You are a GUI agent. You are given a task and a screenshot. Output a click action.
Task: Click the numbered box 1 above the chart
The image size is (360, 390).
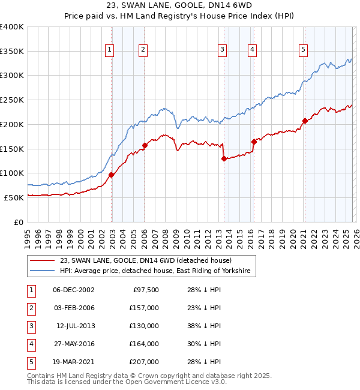pos(110,50)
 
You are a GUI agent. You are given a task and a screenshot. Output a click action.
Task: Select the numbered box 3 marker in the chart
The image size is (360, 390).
pos(222,50)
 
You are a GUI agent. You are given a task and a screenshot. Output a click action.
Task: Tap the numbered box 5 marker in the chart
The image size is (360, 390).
pos(304,50)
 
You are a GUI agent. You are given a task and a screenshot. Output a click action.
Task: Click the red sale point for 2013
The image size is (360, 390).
pos(224,159)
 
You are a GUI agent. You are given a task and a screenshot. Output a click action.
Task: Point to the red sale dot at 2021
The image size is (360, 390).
pos(305,121)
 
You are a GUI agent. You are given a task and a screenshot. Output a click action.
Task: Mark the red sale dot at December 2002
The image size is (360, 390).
pos(112,175)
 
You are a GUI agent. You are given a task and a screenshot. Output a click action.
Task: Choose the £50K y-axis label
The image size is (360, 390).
pos(14,197)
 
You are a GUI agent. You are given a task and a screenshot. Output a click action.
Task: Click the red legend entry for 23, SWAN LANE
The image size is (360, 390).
pos(150,260)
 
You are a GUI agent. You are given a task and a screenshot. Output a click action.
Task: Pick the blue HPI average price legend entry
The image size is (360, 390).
pos(157,271)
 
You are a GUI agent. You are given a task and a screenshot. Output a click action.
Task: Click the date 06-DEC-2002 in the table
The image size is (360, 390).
pos(74,290)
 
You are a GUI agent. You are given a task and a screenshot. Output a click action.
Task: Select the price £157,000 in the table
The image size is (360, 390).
pos(144,308)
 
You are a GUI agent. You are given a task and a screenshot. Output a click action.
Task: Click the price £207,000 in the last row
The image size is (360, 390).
pos(144,362)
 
